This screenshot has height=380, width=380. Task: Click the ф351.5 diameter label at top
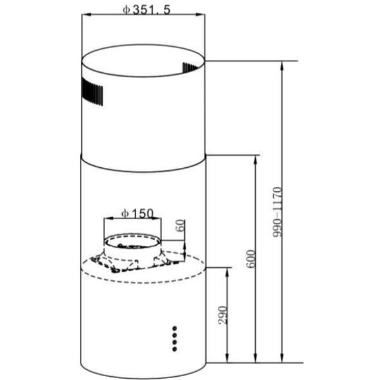[146, 10]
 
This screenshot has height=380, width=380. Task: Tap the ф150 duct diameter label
[137, 214]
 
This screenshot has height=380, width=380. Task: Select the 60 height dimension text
[180, 225]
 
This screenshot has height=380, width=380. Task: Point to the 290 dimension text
[223, 315]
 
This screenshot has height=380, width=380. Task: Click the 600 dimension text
[251, 259]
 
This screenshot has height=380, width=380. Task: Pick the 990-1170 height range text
[277, 212]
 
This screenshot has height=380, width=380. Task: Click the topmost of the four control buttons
[175, 328]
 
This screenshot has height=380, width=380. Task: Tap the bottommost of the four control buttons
[175, 349]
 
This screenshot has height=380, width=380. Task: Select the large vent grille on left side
[92, 92]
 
